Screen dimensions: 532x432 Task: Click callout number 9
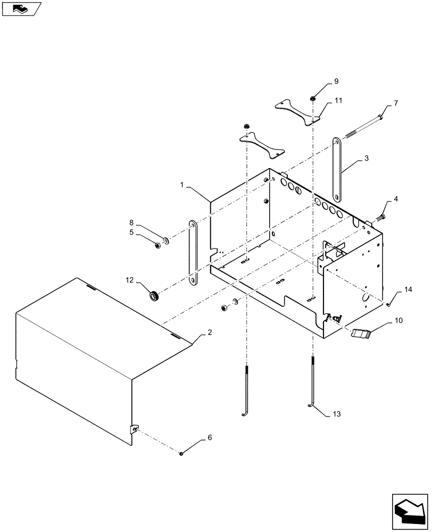tap(336, 81)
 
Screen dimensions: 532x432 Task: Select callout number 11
tap(338, 100)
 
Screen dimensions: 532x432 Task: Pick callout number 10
tap(398, 321)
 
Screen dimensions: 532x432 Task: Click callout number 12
tap(129, 279)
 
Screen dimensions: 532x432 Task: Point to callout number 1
tap(182, 186)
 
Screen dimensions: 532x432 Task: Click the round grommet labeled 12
tap(155, 295)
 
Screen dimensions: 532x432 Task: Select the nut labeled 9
tap(313, 98)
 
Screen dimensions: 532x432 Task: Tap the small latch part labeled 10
tap(360, 333)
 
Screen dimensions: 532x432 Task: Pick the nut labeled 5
tap(157, 245)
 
